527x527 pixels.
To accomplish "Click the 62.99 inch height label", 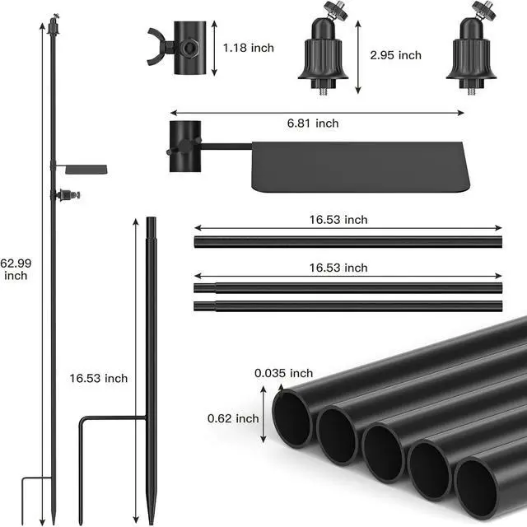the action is pos(16,269).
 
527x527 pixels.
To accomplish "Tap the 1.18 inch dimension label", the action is pos(249,48).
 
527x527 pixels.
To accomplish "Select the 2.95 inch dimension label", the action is pos(395,55).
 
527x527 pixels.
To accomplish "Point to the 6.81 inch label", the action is pos(313,124).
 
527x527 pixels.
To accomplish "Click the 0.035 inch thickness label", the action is pos(283,373).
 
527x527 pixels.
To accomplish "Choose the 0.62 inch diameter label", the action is pos(233,418).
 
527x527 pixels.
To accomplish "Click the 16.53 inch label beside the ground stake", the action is pos(99,379).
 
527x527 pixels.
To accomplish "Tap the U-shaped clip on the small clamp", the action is pos(156,47).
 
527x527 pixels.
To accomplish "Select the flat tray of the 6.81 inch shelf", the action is pos(360,166).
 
